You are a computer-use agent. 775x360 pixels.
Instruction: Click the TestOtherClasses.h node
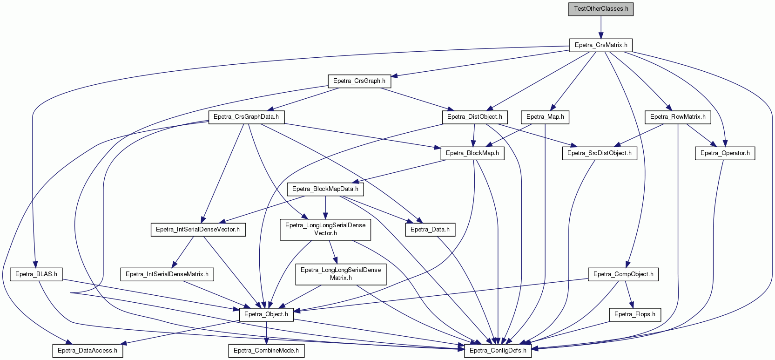[601, 9]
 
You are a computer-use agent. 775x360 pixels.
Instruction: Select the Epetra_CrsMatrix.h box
[601, 45]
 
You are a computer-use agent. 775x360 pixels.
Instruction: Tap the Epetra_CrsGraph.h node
[359, 82]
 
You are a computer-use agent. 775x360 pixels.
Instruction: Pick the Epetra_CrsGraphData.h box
[246, 117]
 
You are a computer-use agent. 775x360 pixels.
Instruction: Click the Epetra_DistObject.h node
[475, 117]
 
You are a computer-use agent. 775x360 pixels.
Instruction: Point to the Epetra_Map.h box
[545, 117]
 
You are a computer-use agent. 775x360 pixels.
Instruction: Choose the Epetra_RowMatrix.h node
[678, 117]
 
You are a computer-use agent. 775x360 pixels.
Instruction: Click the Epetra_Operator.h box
[725, 153]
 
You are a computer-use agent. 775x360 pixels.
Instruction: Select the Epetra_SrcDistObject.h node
[600, 153]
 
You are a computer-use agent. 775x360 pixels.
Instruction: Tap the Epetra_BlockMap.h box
[472, 153]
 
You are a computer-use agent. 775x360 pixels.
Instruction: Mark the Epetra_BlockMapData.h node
[325, 189]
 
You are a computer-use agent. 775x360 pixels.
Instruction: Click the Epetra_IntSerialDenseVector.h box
[198, 230]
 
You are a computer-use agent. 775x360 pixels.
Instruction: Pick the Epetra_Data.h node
[430, 230]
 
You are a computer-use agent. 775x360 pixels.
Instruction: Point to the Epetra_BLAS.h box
[36, 274]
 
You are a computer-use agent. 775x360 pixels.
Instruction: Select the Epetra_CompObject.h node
[623, 274]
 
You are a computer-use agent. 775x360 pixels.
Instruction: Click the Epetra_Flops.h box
[635, 315]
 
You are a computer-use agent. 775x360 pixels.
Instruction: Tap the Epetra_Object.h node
[266, 315]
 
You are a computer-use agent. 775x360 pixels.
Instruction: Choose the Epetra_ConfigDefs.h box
[498, 351]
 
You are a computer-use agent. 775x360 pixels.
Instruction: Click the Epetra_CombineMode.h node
[266, 351]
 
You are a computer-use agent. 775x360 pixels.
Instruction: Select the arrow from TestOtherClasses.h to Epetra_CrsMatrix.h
[601, 27]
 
